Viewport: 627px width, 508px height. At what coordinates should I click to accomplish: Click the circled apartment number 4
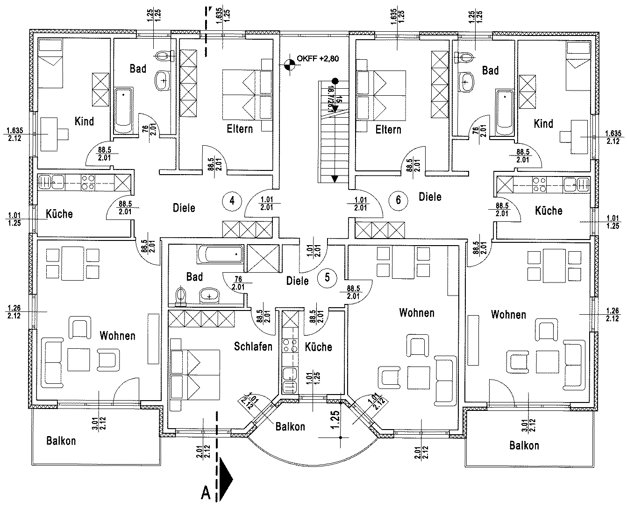click(232, 201)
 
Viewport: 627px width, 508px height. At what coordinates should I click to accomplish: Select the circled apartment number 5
click(327, 277)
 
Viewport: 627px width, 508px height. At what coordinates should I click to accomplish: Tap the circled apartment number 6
click(398, 200)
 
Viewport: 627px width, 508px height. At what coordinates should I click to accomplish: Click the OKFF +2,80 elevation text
click(318, 59)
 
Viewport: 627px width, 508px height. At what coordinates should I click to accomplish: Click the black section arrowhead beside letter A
click(227, 477)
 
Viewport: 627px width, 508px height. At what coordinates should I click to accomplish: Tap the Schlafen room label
click(253, 346)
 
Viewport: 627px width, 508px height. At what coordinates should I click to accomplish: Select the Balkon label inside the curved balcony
click(290, 426)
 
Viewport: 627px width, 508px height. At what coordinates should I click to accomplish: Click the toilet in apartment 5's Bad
click(181, 295)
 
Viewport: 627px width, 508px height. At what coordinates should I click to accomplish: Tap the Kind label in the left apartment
click(84, 121)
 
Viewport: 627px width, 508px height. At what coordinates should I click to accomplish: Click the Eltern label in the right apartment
click(388, 129)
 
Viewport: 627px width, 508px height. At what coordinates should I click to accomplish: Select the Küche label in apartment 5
click(318, 347)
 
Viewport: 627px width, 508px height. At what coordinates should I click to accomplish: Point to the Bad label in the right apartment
click(490, 71)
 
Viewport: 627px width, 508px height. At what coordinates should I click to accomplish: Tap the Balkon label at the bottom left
click(61, 441)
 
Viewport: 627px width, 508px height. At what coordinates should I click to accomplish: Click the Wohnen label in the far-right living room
click(508, 315)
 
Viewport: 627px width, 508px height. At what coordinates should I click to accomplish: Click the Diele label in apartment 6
click(430, 197)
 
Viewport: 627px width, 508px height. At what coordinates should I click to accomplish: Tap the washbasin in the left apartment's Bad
click(163, 80)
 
